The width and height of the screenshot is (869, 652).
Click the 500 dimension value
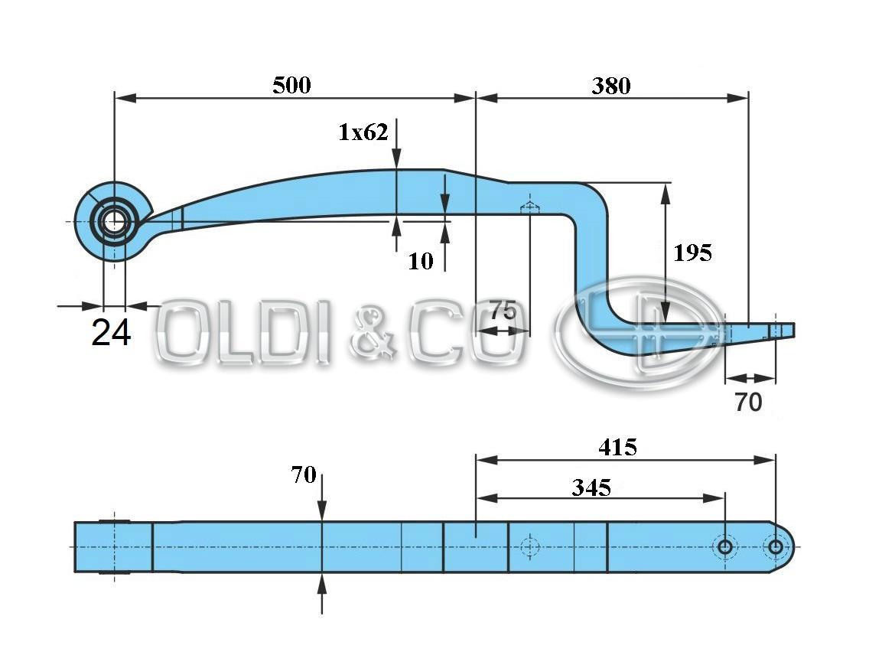pos(291,85)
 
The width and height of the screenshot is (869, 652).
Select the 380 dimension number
pos(610,86)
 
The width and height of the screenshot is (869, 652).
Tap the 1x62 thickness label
pos(363,132)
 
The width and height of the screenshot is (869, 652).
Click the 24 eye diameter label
pos(111,333)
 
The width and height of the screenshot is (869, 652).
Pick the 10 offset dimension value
pos(420,261)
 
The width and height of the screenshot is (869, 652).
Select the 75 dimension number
pos(503,311)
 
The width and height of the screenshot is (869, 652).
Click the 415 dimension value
pos(617,447)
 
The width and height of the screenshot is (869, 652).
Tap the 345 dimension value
pos(591,487)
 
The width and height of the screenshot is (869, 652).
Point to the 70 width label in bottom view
pos(303,475)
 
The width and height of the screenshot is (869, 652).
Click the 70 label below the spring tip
pos(748,402)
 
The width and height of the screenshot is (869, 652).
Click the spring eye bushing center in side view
pos(113,222)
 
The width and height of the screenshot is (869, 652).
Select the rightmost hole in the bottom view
pos(775,546)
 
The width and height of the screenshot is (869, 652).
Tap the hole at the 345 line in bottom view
pos(724,546)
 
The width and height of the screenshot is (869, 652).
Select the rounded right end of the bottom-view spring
pos(786,546)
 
